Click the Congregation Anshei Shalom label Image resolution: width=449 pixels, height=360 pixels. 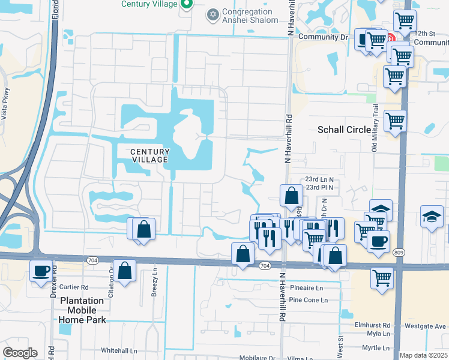[x=250, y=16]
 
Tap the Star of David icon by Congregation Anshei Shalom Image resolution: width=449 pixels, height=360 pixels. [x=212, y=14]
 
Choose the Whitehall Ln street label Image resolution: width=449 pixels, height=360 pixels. [x=119, y=350]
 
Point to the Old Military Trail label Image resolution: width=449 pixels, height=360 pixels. [x=376, y=135]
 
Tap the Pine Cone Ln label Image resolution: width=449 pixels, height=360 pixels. [x=306, y=299]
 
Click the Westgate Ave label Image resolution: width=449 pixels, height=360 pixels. [x=426, y=326]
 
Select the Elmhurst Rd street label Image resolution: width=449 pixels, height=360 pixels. [x=372, y=325]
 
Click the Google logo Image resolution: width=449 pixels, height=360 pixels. [x=20, y=353]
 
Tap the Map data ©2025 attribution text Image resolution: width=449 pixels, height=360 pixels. [x=424, y=356]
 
